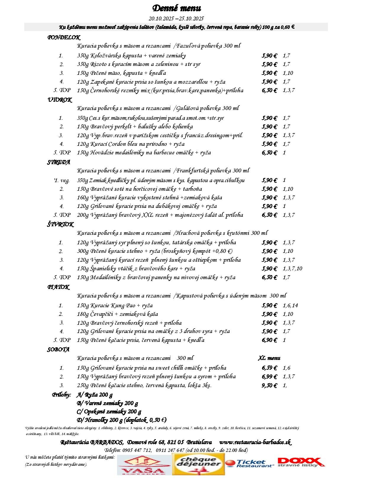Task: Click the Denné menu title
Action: pyautogui.click(x=177, y=8)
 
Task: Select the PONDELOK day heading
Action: pyautogui.click(x=64, y=38)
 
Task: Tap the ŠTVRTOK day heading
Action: pyautogui.click(x=60, y=224)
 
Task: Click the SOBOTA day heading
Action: pyautogui.click(x=58, y=350)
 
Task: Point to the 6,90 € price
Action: pyautogui.click(x=269, y=340)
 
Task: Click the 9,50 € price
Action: pyautogui.click(x=269, y=385)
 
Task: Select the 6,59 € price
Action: pyautogui.click(x=269, y=368)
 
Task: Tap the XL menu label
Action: pyautogui.click(x=269, y=358)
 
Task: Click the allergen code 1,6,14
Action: pyautogui.click(x=290, y=306)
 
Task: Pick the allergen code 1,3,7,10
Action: pyautogui.click(x=292, y=269)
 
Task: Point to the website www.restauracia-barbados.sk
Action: pyautogui.click(x=255, y=442)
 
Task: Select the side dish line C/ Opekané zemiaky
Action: pyautogui.click(x=109, y=411)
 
